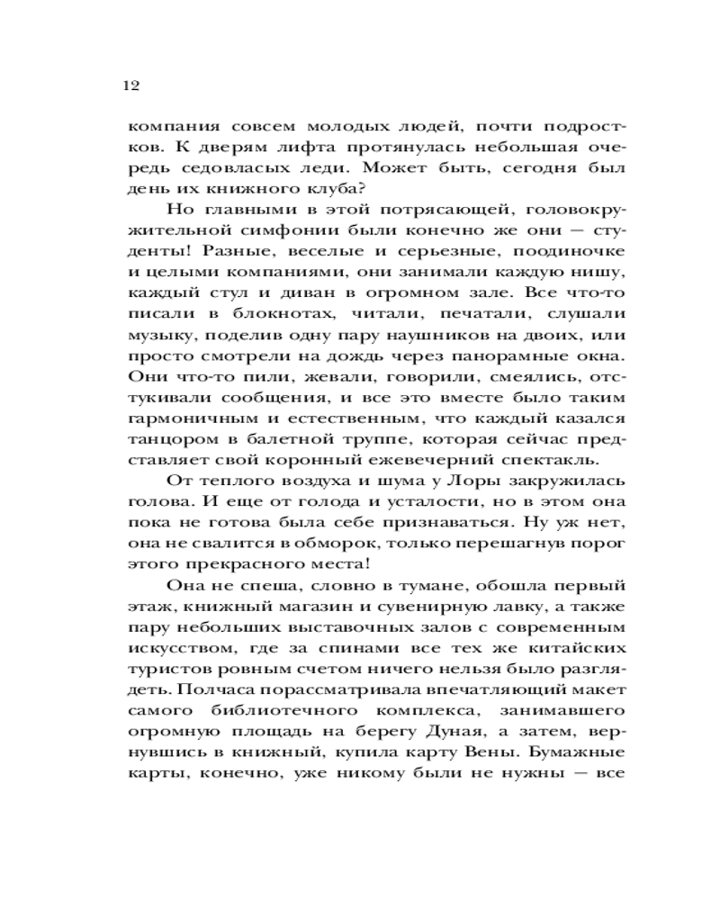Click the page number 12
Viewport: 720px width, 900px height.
click(127, 86)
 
